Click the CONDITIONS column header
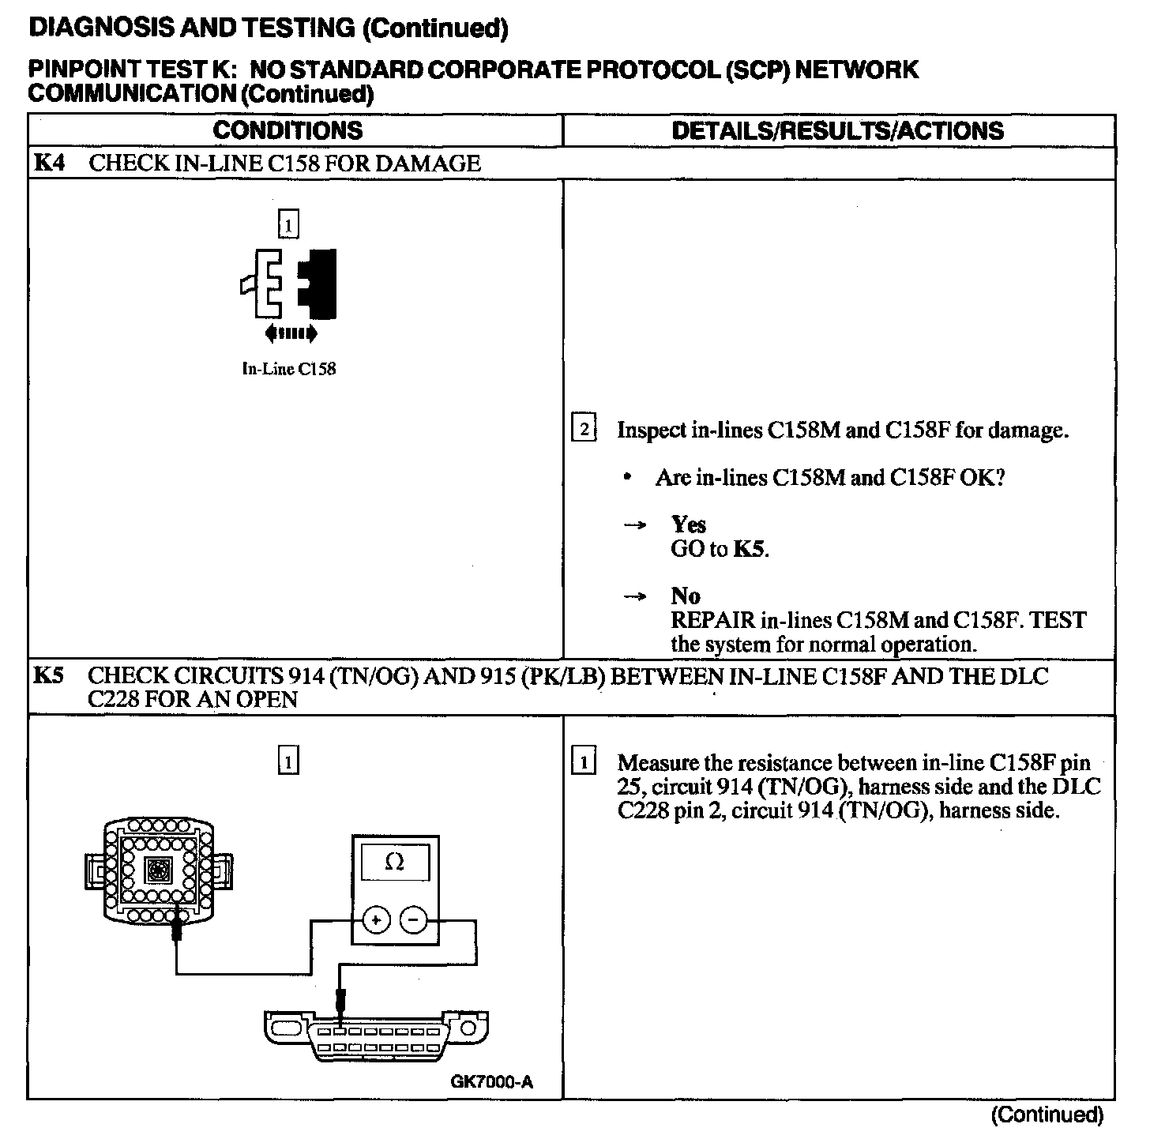click(287, 130)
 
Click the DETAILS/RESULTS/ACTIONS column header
click(837, 130)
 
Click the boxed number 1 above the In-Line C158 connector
click(288, 226)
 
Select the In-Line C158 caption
click(288, 369)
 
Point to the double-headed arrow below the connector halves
click(291, 334)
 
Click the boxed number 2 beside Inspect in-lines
click(584, 430)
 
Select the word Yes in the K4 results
click(688, 524)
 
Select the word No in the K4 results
click(686, 596)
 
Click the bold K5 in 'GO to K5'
click(750, 549)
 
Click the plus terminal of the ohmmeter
click(377, 920)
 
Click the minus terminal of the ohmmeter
click(413, 920)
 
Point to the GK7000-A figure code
click(491, 1081)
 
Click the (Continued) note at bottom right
click(1047, 1115)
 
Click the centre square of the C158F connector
click(157, 872)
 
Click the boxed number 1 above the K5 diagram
click(289, 762)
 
